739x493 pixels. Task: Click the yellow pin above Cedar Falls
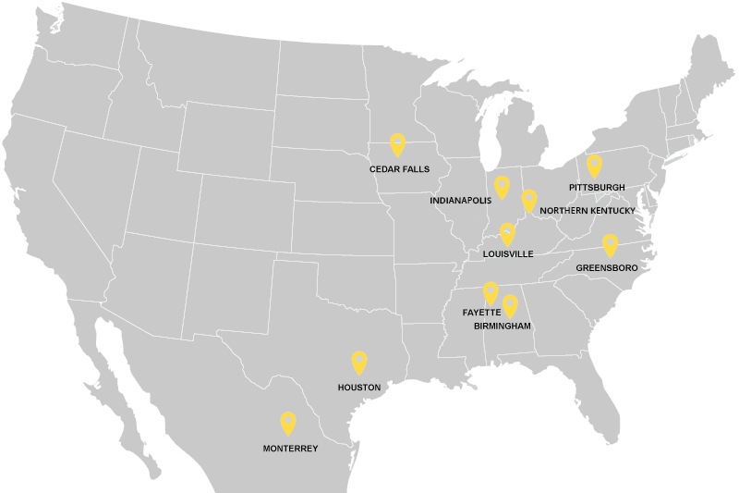point(398,144)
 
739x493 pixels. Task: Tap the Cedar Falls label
point(399,169)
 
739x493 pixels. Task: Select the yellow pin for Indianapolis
point(502,187)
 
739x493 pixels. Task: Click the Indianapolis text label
point(461,200)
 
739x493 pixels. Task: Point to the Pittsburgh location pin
point(594,166)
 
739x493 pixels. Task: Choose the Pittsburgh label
point(597,188)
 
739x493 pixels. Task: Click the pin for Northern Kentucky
point(529,200)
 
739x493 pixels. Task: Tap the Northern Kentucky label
point(588,211)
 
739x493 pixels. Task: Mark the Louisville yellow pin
point(507,234)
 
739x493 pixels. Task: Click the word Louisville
point(508,253)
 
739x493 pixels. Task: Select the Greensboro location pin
point(610,245)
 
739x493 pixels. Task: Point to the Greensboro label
point(607,268)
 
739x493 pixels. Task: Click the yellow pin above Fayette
point(491,293)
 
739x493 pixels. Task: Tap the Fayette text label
point(481,313)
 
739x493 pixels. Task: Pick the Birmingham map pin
point(510,306)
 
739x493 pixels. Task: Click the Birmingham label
point(503,327)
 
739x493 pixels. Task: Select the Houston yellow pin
point(359,363)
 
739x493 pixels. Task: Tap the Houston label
point(359,388)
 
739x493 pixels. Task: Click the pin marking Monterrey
point(288,424)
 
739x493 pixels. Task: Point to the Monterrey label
point(290,449)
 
